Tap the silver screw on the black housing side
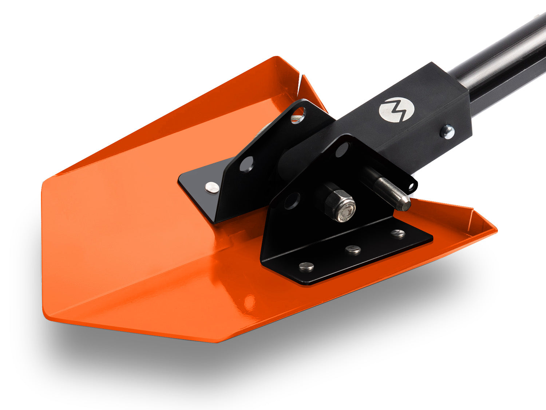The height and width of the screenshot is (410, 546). click(x=447, y=131)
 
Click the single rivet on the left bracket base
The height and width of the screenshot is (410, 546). click(x=212, y=187)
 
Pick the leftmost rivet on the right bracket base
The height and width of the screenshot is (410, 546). click(x=306, y=267)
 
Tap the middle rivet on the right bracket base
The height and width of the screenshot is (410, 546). click(x=353, y=250)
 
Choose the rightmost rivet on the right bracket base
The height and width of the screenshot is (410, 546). click(x=398, y=234)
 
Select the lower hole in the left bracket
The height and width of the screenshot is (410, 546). click(x=246, y=164)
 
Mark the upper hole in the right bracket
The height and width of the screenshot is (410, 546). click(x=343, y=150)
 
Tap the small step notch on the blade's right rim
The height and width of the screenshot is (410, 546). click(x=472, y=210)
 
